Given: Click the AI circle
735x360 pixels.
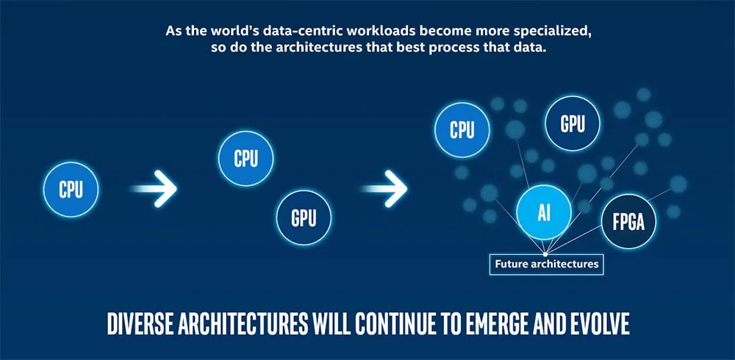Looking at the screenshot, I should pos(544,213).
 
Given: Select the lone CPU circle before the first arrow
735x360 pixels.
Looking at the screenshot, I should pos(71,190).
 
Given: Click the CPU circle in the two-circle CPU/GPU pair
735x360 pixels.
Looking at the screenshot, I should pos(245,158).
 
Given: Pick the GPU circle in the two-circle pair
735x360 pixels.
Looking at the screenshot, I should pos(304,217).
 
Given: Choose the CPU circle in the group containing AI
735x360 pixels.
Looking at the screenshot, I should pos(462,130).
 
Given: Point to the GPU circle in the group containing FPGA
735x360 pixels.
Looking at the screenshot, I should pos(573,123).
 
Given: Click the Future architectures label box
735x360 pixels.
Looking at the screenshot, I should pos(546,264).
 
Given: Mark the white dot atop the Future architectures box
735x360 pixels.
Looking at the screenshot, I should pos(545,253).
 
